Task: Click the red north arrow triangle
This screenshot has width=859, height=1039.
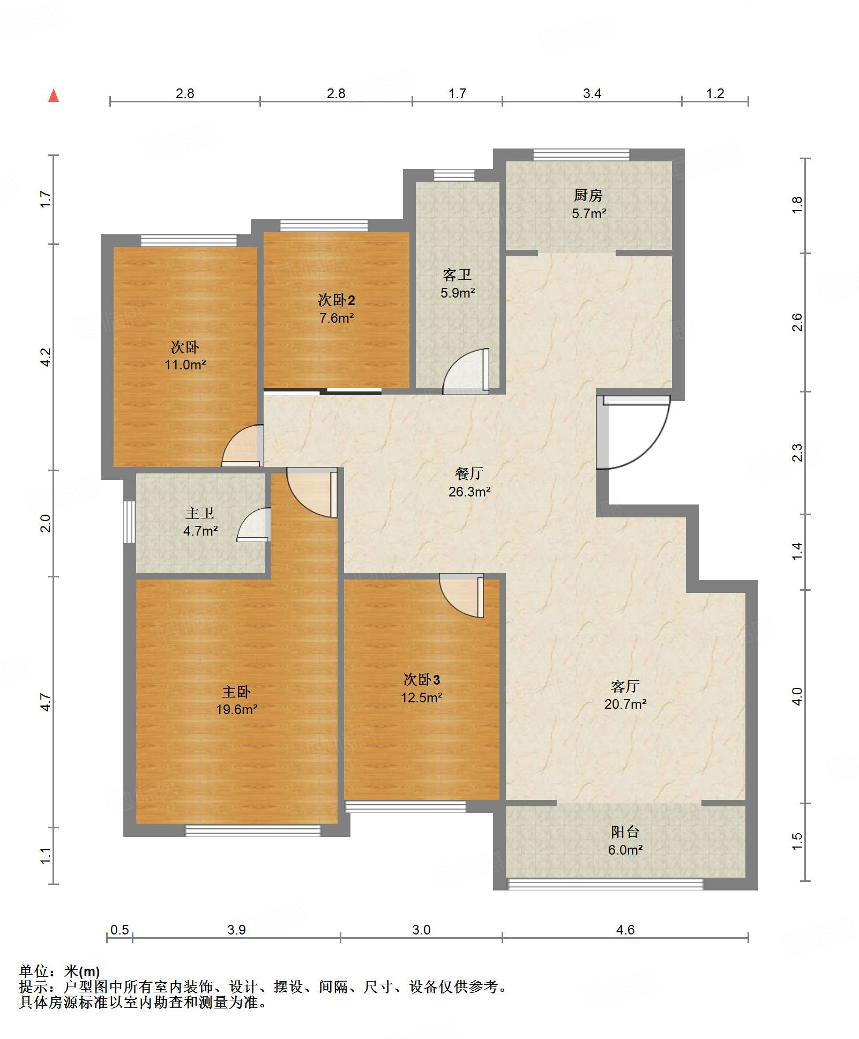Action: (54, 96)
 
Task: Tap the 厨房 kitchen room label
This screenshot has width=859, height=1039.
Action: (588, 196)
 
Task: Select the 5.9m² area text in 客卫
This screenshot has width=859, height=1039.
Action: (458, 293)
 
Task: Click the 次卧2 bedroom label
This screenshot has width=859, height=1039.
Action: (337, 300)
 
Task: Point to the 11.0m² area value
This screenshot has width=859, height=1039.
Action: (185, 365)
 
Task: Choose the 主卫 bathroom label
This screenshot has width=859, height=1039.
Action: (200, 514)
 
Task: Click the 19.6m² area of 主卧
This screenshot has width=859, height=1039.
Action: (236, 709)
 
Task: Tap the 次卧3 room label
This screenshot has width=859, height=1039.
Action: (422, 680)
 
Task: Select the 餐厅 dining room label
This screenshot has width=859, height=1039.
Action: (469, 473)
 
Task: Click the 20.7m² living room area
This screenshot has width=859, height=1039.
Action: (625, 704)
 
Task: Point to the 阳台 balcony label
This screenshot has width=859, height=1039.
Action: (625, 832)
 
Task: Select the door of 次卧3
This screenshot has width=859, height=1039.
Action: (461, 595)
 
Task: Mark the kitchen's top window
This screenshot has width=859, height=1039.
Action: (581, 155)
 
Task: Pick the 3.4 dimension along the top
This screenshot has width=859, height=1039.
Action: (592, 94)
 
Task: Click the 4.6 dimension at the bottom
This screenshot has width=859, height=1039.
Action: (625, 930)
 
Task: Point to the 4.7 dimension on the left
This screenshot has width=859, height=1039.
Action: (46, 702)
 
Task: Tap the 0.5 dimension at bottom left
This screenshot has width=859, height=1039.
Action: (119, 930)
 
